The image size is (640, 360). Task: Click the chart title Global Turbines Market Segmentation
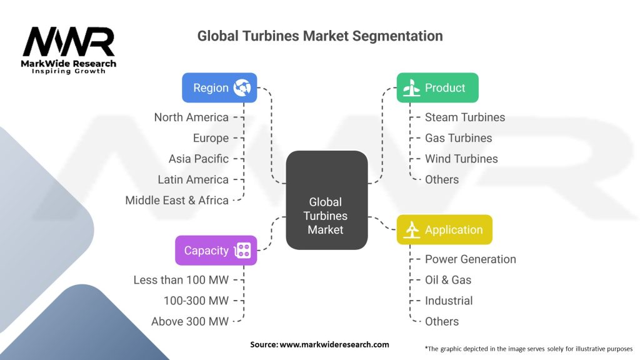pyautogui.click(x=319, y=36)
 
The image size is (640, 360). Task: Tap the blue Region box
pyautogui.click(x=219, y=87)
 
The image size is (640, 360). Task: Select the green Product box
pyautogui.click(x=437, y=87)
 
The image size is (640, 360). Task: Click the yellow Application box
pyautogui.click(x=444, y=230)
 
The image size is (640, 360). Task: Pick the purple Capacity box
pyautogui.click(x=216, y=251)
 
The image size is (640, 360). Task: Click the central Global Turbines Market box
pyautogui.click(x=326, y=200)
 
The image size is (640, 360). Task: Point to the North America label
pyautogui.click(x=191, y=117)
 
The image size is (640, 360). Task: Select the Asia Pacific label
pyautogui.click(x=198, y=159)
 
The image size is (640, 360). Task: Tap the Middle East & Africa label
pyautogui.click(x=177, y=200)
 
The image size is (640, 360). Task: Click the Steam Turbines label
pyautogui.click(x=464, y=117)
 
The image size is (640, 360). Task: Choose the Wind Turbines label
pyautogui.click(x=461, y=159)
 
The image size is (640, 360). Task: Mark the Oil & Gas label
pyautogui.click(x=448, y=280)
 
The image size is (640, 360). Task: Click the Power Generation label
pyautogui.click(x=470, y=259)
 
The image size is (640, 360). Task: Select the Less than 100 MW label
pyautogui.click(x=181, y=280)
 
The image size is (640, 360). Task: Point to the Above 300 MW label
pyautogui.click(x=190, y=321)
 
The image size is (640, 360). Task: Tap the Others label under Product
pyautogui.click(x=441, y=179)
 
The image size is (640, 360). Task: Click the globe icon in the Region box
pyautogui.click(x=242, y=87)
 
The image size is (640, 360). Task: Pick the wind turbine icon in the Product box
pyautogui.click(x=411, y=88)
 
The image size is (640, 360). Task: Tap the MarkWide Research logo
pyautogui.click(x=69, y=50)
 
